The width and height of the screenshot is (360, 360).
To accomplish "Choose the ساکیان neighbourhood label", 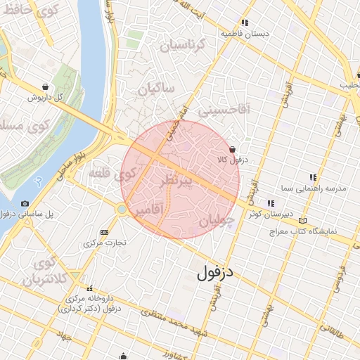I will [156, 89].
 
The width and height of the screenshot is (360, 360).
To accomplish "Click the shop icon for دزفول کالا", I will [232, 149].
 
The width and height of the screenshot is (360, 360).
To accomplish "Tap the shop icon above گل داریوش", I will [46, 87].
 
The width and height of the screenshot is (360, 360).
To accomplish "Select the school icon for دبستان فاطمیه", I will [245, 22].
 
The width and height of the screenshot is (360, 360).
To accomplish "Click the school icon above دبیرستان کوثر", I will [271, 203].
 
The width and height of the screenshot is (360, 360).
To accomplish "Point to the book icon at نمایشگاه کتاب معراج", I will [303, 220].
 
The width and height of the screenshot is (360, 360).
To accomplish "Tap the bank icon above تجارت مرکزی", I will [105, 232].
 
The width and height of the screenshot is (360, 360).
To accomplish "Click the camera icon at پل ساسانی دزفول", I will [25, 204].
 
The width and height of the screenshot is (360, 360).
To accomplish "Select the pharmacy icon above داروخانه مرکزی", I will [89, 288].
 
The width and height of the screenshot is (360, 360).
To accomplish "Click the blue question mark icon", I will [39, 181].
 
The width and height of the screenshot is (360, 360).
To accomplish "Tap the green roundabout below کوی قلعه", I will [122, 209].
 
